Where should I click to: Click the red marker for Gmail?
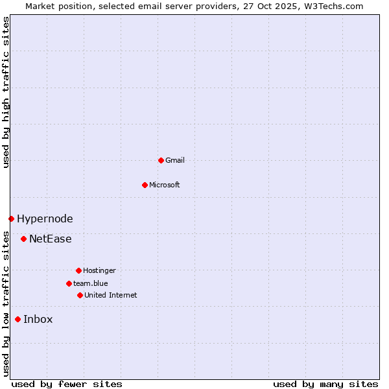(x=161, y=160)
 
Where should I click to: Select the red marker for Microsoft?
(x=145, y=185)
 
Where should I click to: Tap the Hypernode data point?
(x=11, y=218)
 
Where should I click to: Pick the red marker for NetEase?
(x=23, y=239)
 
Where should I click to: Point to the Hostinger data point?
(x=78, y=270)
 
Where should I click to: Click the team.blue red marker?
(x=69, y=283)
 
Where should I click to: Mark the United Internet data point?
(x=80, y=295)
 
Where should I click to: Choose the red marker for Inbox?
(x=18, y=319)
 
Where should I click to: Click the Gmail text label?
(x=175, y=160)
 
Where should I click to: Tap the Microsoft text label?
(x=165, y=185)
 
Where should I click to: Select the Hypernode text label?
(x=45, y=219)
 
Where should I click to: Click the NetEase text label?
(x=51, y=239)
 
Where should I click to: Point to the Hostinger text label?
(x=99, y=270)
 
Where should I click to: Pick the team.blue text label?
(x=91, y=283)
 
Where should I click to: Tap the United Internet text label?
(x=111, y=295)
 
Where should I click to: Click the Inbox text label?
(x=38, y=320)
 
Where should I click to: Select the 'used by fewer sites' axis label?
(x=67, y=384)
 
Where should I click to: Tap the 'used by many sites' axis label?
(x=325, y=384)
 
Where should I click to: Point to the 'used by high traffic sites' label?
(x=6, y=92)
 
